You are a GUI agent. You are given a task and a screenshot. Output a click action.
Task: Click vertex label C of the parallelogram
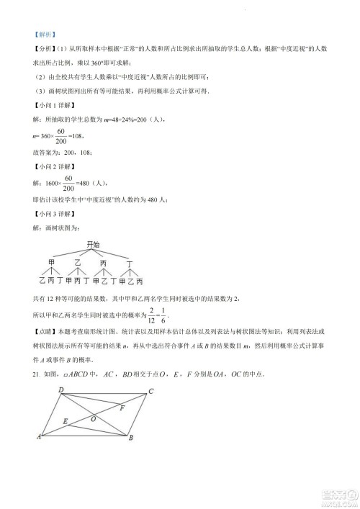click(151, 391)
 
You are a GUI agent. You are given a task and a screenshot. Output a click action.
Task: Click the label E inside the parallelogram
click(66, 421)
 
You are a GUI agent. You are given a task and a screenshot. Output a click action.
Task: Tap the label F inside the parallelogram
click(122, 408)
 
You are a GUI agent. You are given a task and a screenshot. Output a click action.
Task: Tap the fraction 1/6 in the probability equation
click(168, 314)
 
